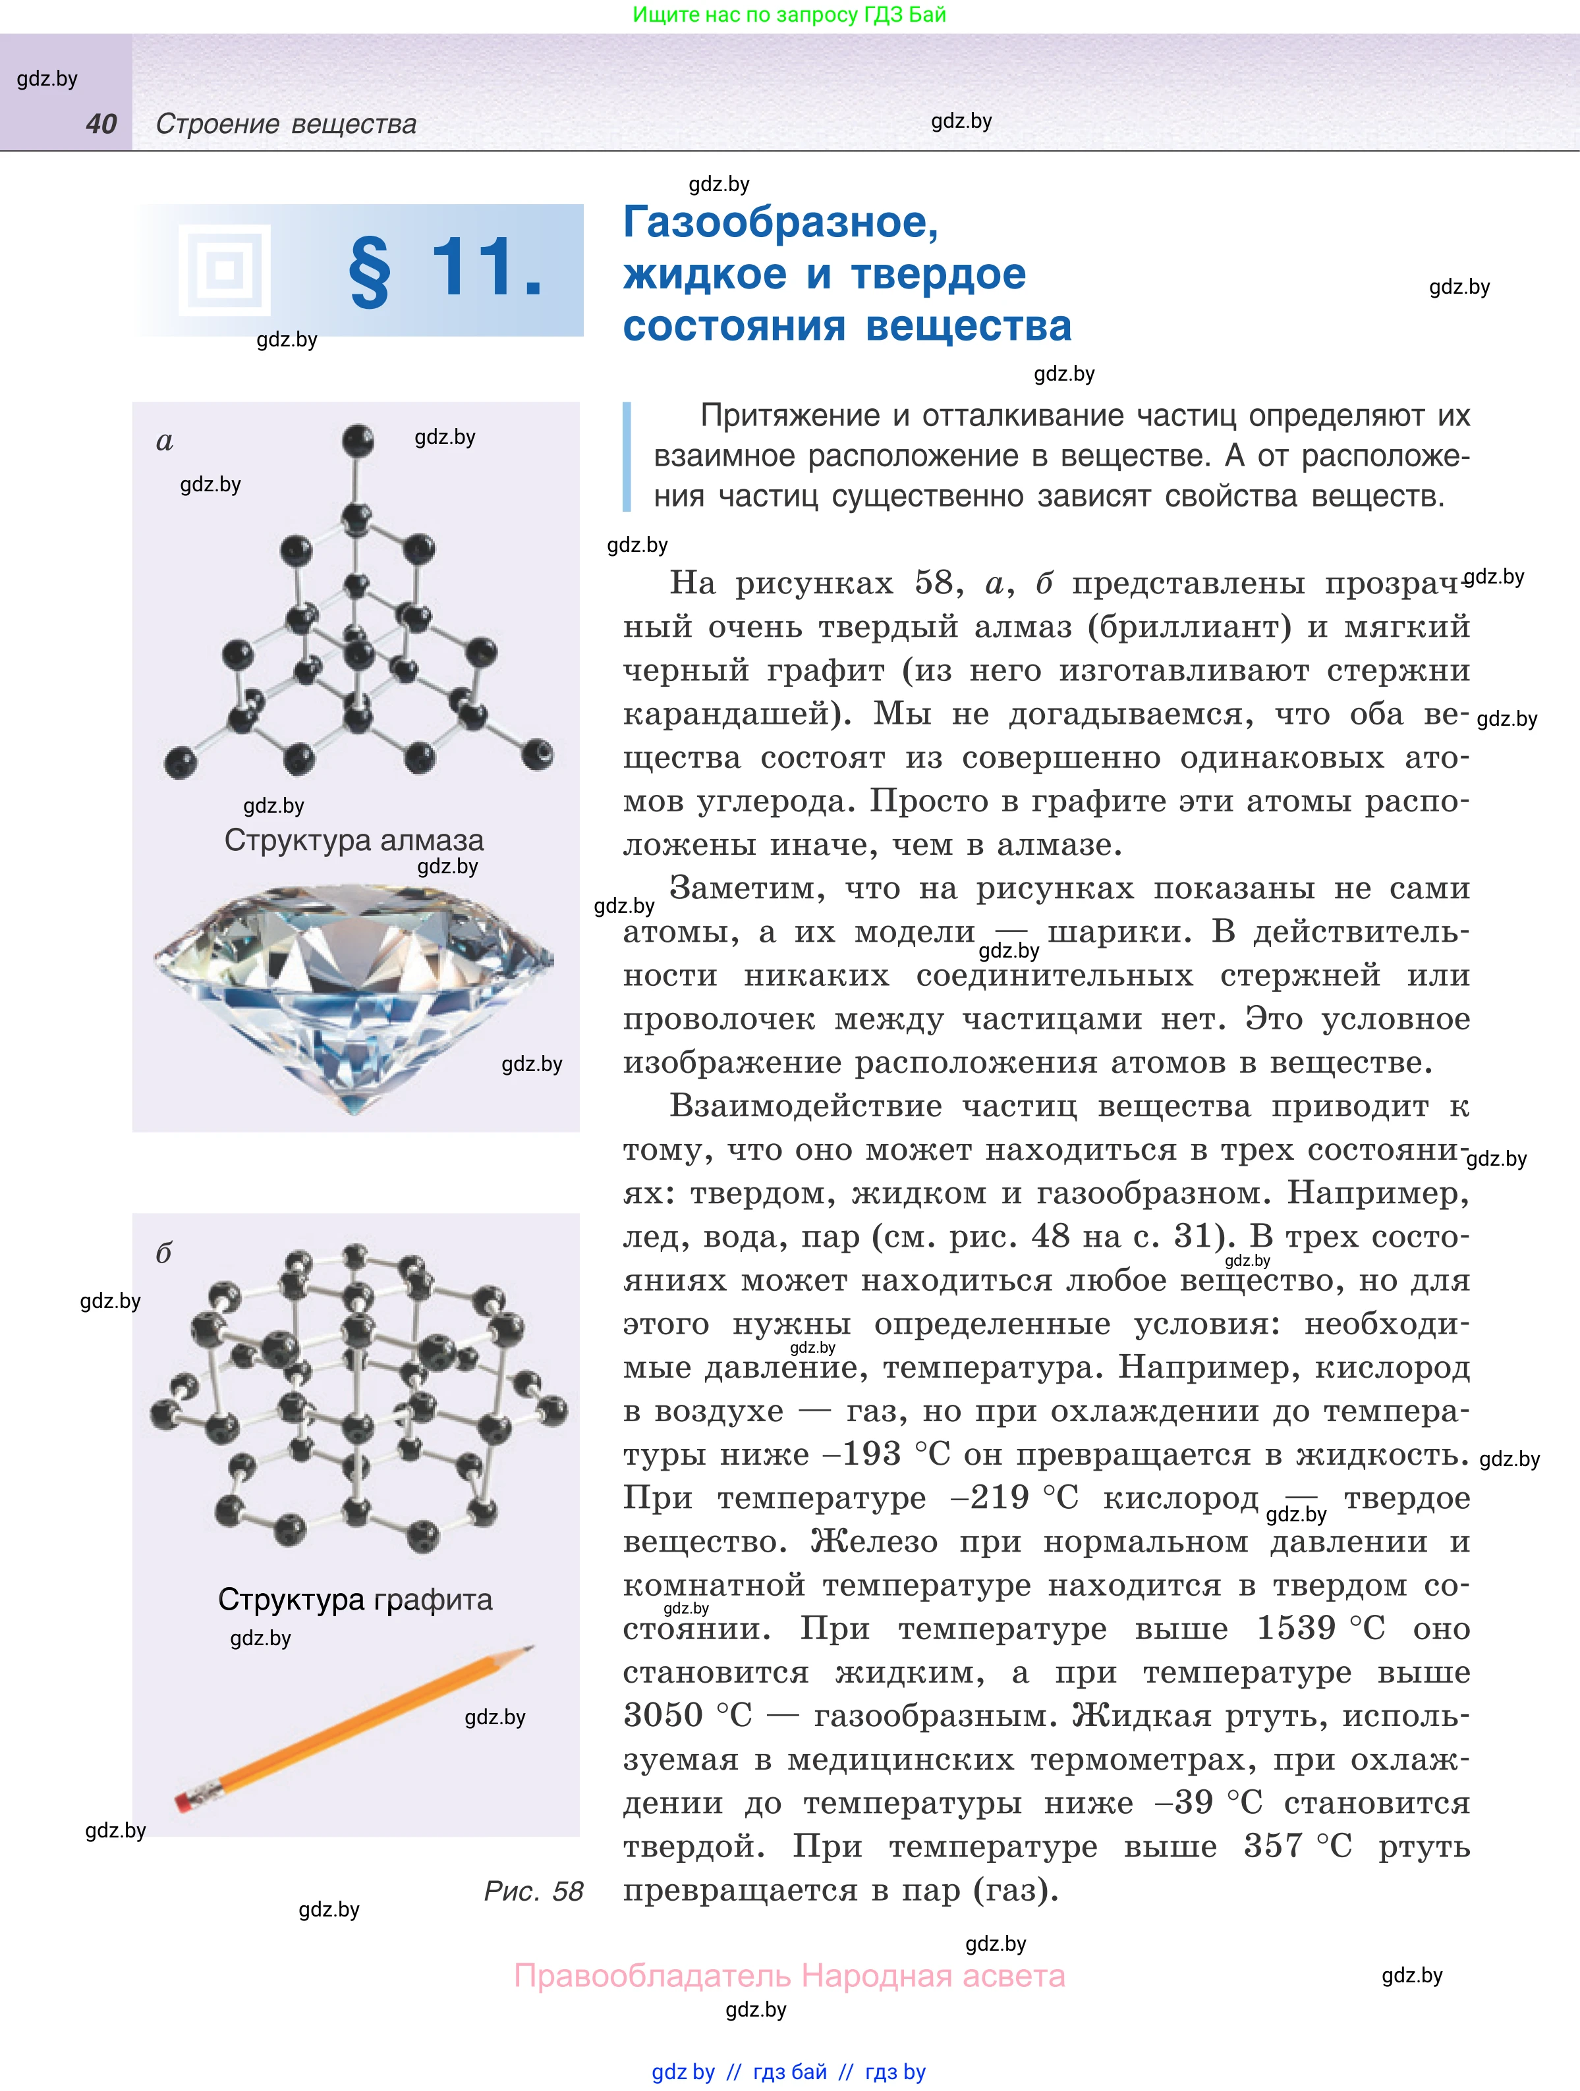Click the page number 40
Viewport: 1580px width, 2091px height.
coord(101,124)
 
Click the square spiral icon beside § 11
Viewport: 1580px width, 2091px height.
coord(224,271)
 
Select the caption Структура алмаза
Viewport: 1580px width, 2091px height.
coord(354,840)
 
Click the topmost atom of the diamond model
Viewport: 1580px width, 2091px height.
coord(357,441)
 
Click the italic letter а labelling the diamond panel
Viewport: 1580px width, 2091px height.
coord(165,441)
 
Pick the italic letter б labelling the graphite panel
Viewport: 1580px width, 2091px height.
coord(163,1253)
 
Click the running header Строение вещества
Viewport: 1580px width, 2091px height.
coord(285,124)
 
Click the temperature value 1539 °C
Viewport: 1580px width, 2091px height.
coord(1320,1628)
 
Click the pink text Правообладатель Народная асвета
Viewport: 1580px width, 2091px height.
coord(789,1976)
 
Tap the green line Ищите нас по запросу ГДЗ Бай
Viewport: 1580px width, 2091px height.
coord(789,15)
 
